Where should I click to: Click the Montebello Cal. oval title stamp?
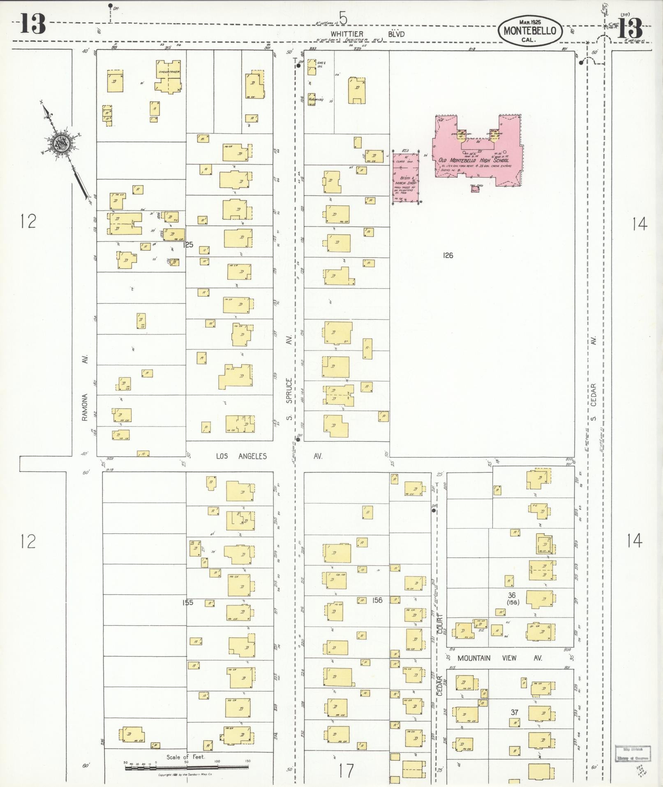pyautogui.click(x=530, y=30)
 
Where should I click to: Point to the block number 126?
pyautogui.click(x=448, y=255)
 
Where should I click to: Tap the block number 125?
pyautogui.click(x=188, y=245)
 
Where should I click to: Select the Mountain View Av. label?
pyautogui.click(x=499, y=658)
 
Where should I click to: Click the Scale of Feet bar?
pyautogui.click(x=187, y=768)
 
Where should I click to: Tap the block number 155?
pyautogui.click(x=187, y=603)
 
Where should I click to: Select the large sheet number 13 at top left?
pyautogui.click(x=33, y=24)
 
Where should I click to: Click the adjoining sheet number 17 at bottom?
pyautogui.click(x=346, y=771)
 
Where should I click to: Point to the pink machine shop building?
pyautogui.click(x=406, y=178)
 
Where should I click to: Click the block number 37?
pyautogui.click(x=514, y=712)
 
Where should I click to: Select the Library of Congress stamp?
pyautogui.click(x=633, y=752)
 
